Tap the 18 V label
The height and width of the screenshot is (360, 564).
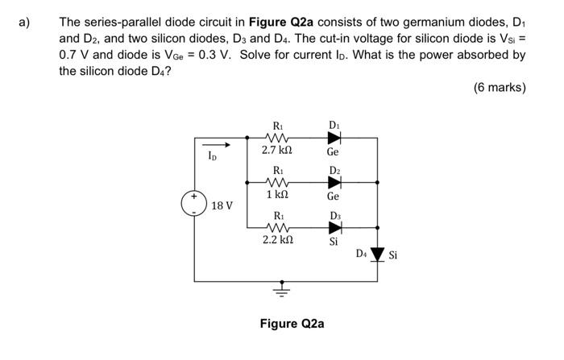pyautogui.click(x=222, y=206)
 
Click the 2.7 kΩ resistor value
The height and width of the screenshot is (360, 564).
pyautogui.click(x=277, y=151)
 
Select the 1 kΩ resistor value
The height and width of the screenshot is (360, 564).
pyautogui.click(x=277, y=195)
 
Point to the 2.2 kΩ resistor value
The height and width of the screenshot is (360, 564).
pyautogui.click(x=277, y=239)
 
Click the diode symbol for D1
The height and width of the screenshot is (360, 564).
pyautogui.click(x=334, y=138)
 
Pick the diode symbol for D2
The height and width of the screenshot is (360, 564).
pyautogui.click(x=334, y=183)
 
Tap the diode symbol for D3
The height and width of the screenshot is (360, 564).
pyautogui.click(x=334, y=227)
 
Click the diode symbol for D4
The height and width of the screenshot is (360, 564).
pyautogui.click(x=377, y=256)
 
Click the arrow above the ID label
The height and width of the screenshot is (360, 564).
pyautogui.click(x=214, y=146)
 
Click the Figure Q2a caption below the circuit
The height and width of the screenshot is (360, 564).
pyautogui.click(x=292, y=324)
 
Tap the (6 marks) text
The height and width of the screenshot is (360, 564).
pyautogui.click(x=499, y=87)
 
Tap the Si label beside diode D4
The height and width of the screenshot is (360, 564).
pyautogui.click(x=394, y=256)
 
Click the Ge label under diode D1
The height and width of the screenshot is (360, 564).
pyautogui.click(x=333, y=151)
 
